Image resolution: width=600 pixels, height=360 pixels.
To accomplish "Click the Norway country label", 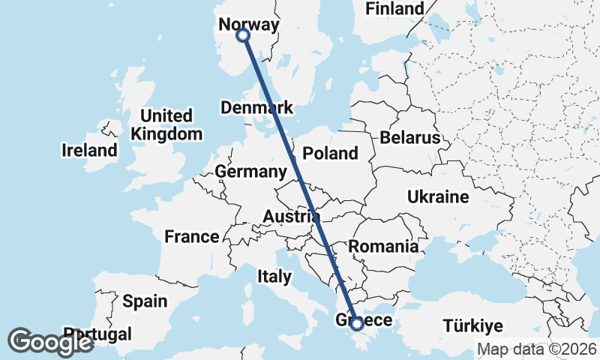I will tap(248, 24).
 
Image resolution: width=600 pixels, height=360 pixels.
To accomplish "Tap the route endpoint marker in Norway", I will tap(243, 35).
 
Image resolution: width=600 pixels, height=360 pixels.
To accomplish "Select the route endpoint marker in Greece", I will tap(357, 323).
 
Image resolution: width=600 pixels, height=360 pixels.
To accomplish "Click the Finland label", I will tap(394, 9).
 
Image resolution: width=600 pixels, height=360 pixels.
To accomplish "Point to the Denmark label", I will tap(256, 108).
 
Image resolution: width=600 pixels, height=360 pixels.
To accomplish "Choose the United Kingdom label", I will tap(166, 125).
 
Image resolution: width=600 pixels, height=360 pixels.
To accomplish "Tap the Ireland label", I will tap(89, 150).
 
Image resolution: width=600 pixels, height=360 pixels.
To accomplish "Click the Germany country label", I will tap(250, 172).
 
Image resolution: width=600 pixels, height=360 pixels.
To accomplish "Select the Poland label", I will tap(330, 154).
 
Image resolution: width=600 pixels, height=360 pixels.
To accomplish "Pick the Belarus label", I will tap(409, 138).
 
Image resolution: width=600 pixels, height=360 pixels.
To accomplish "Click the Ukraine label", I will tap(438, 197).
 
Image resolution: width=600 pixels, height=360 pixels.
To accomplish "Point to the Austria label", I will tap(292, 217).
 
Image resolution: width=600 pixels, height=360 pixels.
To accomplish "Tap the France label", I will tap(192, 237).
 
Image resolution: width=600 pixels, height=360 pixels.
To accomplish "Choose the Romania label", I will tap(383, 246).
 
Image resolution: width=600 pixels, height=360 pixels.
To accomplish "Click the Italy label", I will tap(274, 276).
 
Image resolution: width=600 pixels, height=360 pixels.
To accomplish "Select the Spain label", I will tap(145, 301).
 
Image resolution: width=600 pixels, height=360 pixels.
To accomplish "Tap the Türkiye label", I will tap(472, 326).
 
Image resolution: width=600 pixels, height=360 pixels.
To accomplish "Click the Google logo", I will tap(50, 342).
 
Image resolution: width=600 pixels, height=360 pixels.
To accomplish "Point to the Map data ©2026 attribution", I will tap(537, 349).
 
